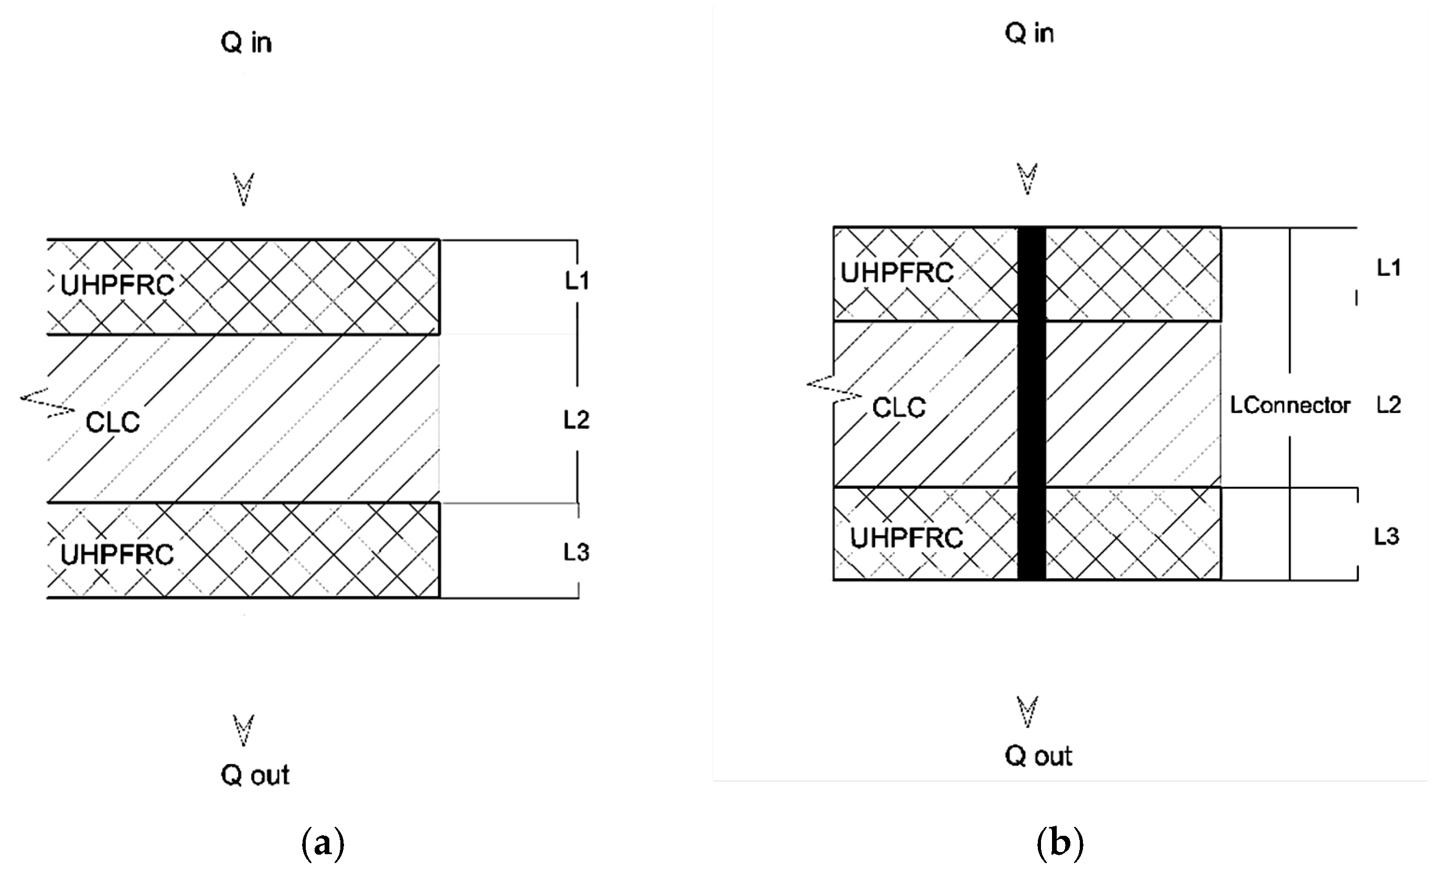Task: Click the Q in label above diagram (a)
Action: [x=246, y=43]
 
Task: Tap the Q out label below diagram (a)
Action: [x=255, y=776]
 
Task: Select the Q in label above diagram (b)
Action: [x=1028, y=33]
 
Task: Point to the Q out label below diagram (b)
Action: [x=1038, y=756]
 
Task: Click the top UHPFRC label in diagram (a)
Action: [x=117, y=286]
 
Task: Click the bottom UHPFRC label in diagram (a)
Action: [x=117, y=554]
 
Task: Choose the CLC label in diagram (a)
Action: [x=112, y=422]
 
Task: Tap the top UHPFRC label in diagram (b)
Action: [x=896, y=273]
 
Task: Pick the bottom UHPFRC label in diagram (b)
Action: [x=906, y=538]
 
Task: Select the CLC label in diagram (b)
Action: [x=898, y=407]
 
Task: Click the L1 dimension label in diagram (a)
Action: [x=577, y=281]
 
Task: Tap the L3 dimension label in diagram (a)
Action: [x=576, y=553]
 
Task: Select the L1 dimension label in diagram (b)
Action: [x=1389, y=268]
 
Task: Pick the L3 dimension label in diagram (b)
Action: [x=1386, y=536]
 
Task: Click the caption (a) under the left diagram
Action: [x=322, y=844]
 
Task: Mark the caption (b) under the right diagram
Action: [x=1060, y=844]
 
